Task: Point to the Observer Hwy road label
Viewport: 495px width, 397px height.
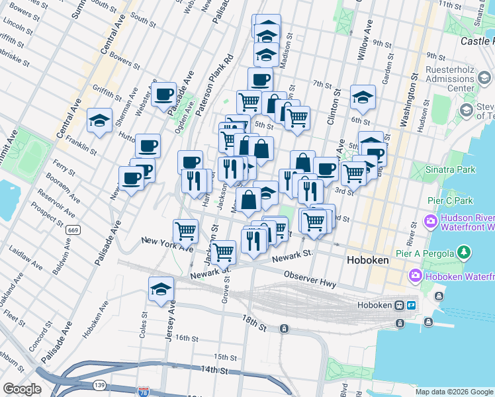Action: [x=310, y=279]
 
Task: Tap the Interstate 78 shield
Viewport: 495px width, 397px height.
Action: [x=144, y=392]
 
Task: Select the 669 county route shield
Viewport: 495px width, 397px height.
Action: [x=73, y=230]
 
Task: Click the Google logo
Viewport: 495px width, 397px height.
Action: [x=22, y=389]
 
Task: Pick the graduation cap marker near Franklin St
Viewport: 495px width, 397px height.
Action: [x=99, y=121]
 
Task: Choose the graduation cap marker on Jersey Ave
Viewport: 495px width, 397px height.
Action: [x=161, y=289]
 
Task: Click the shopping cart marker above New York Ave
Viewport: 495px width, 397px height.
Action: [x=186, y=231]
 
